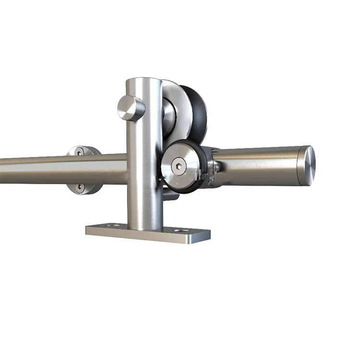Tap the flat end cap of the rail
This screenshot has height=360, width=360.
click(x=307, y=162)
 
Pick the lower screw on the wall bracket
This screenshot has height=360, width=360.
click(x=80, y=188)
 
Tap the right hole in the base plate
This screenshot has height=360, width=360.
click(x=180, y=231)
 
